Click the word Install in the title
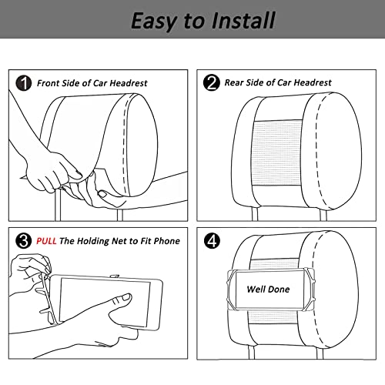[244, 21]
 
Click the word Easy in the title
[154, 22]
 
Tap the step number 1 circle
[24, 83]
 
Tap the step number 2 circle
[212, 82]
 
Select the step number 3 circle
[24, 241]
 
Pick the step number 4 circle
[212, 241]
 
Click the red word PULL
[46, 241]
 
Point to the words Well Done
[268, 290]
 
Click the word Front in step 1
[48, 83]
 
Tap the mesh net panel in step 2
[277, 152]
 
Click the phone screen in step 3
[105, 303]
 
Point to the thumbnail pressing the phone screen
[126, 297]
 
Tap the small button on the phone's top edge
[115, 276]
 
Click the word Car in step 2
[284, 82]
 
